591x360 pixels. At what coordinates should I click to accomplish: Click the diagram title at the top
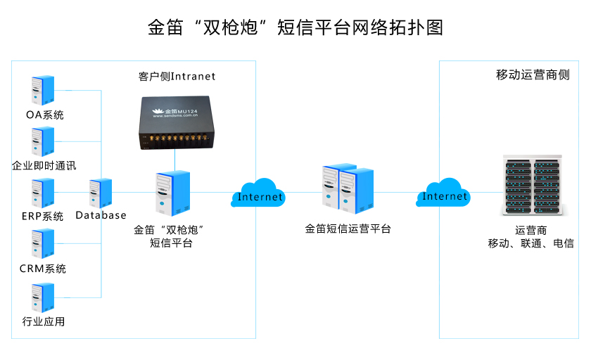pyautogui.click(x=295, y=27)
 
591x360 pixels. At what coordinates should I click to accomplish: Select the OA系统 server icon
pyautogui.click(x=42, y=90)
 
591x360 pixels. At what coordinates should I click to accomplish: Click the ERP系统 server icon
pyautogui.click(x=42, y=193)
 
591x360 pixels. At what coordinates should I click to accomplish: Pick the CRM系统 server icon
pyautogui.click(x=42, y=244)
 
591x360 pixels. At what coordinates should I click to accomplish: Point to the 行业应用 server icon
pyautogui.click(x=42, y=297)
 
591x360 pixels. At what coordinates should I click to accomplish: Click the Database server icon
pyautogui.click(x=101, y=193)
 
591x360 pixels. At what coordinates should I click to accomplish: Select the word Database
pyautogui.click(x=101, y=215)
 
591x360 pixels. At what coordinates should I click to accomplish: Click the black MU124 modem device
pyautogui.click(x=174, y=122)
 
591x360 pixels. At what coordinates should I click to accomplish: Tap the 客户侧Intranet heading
pyautogui.click(x=177, y=76)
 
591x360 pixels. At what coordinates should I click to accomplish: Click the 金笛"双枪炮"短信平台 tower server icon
pyautogui.click(x=171, y=193)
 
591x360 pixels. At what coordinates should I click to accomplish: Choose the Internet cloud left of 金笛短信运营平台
pyautogui.click(x=260, y=194)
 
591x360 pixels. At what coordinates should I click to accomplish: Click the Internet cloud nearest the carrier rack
pyautogui.click(x=444, y=193)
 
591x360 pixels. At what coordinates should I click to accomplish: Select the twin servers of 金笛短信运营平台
pyautogui.click(x=348, y=187)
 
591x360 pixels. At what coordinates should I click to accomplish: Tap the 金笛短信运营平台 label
pyautogui.click(x=348, y=229)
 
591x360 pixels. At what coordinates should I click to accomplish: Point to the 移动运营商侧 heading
pyautogui.click(x=533, y=75)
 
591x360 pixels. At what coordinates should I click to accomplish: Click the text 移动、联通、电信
pyautogui.click(x=531, y=243)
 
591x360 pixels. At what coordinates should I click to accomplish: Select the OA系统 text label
pyautogui.click(x=44, y=115)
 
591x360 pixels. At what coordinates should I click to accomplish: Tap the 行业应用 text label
pyautogui.click(x=44, y=322)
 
